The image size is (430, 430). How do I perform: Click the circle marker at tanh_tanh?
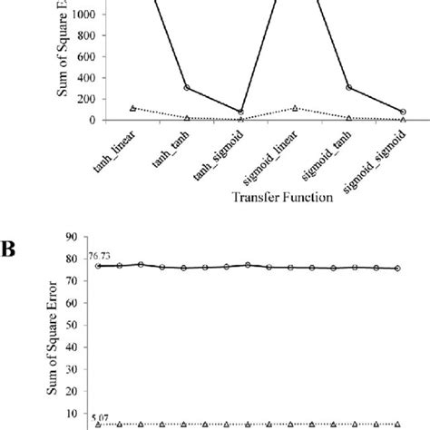[187, 88]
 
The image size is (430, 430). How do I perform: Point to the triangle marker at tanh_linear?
[133, 108]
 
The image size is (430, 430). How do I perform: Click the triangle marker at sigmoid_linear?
[296, 108]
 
